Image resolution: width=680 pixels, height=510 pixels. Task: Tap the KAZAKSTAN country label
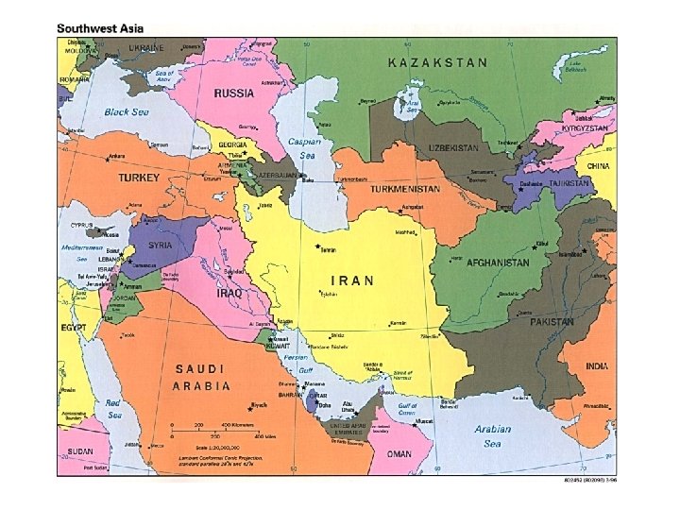point(438,63)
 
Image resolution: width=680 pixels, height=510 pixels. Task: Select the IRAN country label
point(351,280)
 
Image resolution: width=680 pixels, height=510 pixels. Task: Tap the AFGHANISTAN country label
point(497,263)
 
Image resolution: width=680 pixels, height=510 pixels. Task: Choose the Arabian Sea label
point(492,435)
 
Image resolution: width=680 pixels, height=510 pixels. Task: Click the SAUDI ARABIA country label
point(200,377)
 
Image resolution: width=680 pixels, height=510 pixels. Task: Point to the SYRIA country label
point(160,245)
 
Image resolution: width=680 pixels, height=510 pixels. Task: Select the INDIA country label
point(596,365)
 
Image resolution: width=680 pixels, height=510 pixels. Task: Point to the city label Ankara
point(116,157)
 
